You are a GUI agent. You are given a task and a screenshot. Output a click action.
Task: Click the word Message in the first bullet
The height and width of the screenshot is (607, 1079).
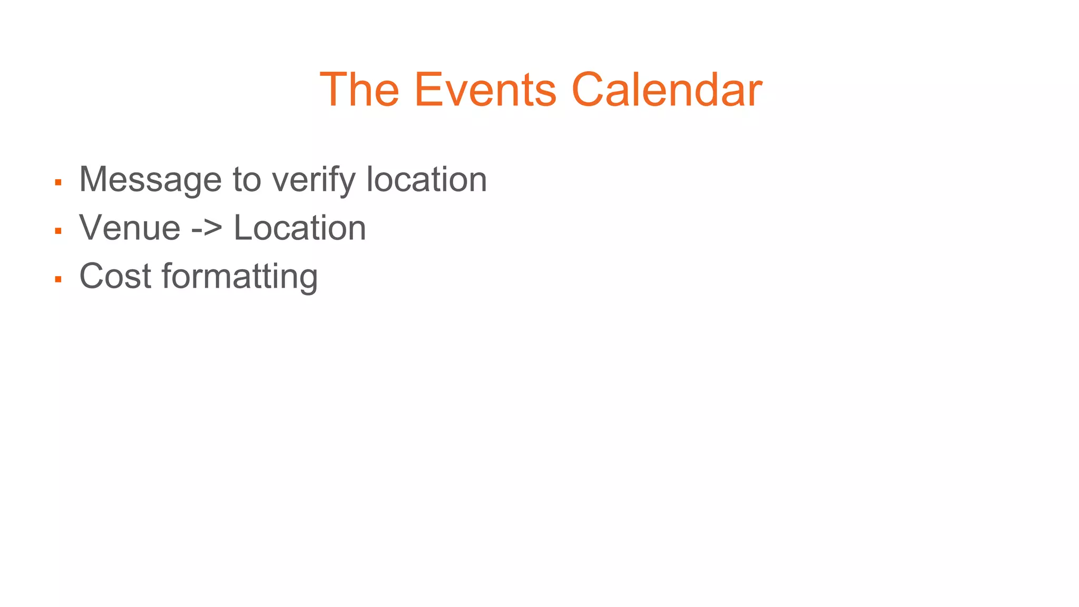[150, 180]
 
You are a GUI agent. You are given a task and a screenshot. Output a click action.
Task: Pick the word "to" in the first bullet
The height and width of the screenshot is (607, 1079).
[247, 180]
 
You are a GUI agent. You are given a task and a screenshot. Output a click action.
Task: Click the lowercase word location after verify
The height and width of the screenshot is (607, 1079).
[426, 180]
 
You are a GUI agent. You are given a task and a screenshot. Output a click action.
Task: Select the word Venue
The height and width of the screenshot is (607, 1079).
[130, 228]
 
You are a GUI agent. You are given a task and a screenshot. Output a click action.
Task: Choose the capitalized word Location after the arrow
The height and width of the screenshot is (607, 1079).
[299, 228]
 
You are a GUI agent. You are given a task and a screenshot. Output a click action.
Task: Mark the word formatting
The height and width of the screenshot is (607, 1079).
[239, 277]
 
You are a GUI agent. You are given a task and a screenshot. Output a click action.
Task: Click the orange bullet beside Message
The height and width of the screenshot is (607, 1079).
[58, 183]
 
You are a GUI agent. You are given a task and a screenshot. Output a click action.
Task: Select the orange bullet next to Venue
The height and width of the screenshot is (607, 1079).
[58, 231]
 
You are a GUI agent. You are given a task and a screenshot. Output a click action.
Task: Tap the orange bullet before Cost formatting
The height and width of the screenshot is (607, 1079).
[58, 279]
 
